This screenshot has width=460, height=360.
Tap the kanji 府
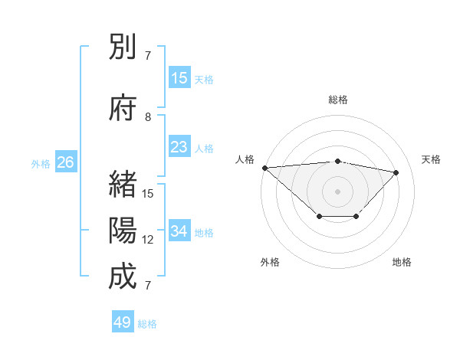pyautogui.click(x=123, y=109)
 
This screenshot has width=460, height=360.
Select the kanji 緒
pyautogui.click(x=123, y=185)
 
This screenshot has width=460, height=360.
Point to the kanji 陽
pyautogui.click(x=123, y=231)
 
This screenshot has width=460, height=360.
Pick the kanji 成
pyautogui.click(x=123, y=277)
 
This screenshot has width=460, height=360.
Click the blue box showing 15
pyautogui.click(x=179, y=78)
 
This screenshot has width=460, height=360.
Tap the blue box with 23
pyautogui.click(x=179, y=147)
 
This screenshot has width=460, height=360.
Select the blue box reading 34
pyautogui.click(x=179, y=231)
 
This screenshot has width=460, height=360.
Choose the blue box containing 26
pyautogui.click(x=65, y=162)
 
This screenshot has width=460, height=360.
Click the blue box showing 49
pyautogui.click(x=123, y=322)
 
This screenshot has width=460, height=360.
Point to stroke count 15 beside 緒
pyautogui.click(x=149, y=194)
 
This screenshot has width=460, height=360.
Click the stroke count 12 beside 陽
pyautogui.click(x=149, y=240)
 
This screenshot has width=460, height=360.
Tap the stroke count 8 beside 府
pyautogui.click(x=149, y=117)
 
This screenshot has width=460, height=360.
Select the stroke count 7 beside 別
pyautogui.click(x=149, y=56)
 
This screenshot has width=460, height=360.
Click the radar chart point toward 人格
pyautogui.click(x=264, y=168)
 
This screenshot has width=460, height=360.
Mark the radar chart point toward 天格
pyautogui.click(x=396, y=172)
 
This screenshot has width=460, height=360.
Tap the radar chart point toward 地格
pyautogui.click(x=356, y=217)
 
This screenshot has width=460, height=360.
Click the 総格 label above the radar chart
pyautogui.click(x=338, y=100)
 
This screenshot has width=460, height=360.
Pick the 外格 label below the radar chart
pyautogui.click(x=270, y=262)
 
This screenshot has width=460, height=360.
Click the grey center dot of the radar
pyautogui.click(x=337, y=191)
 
